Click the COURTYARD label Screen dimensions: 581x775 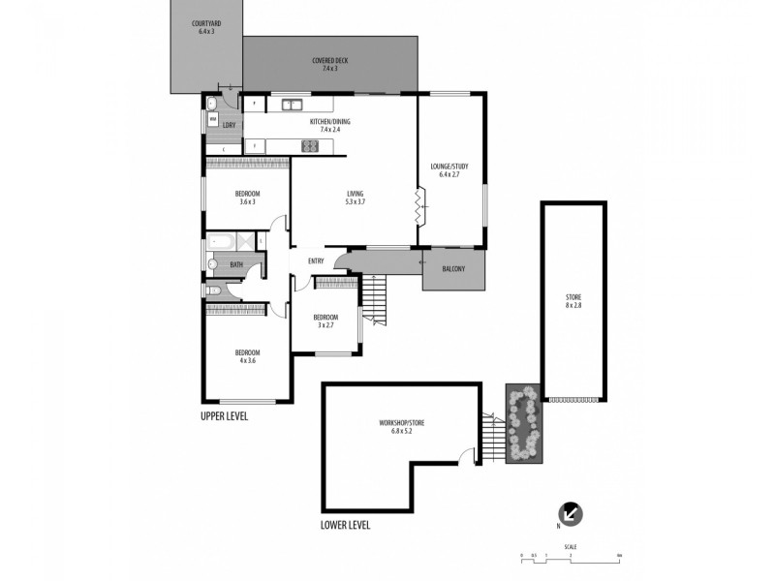click(x=204, y=23)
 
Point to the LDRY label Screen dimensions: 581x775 click(x=230, y=125)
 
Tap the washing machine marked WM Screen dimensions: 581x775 click(x=212, y=119)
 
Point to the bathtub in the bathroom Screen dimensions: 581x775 click(x=224, y=242)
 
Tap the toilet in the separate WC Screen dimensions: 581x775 click(x=214, y=290)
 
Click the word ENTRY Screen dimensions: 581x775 click(x=316, y=261)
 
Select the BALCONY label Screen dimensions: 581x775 click(x=452, y=269)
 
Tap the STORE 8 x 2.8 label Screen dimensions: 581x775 click(x=573, y=300)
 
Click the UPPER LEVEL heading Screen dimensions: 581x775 click(x=225, y=416)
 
